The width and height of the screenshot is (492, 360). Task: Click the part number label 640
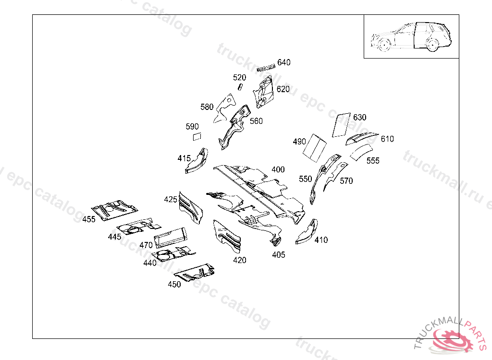pyautogui.click(x=284, y=62)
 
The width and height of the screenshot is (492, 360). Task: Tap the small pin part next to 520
pyautogui.click(x=241, y=86)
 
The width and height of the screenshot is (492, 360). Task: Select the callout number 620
pyautogui.click(x=283, y=89)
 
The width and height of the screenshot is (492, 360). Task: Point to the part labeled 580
pyautogui.click(x=225, y=107)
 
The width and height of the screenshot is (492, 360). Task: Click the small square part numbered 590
pyautogui.click(x=196, y=137)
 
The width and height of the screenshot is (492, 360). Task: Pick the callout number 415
pyautogui.click(x=184, y=158)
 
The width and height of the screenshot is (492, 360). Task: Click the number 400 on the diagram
pyautogui.click(x=278, y=169)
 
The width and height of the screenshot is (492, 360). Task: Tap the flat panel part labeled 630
pyautogui.click(x=342, y=124)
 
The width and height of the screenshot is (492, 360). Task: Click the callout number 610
pyautogui.click(x=387, y=139)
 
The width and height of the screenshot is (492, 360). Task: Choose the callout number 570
pyautogui.click(x=346, y=180)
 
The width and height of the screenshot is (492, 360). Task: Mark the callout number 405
pyautogui.click(x=278, y=254)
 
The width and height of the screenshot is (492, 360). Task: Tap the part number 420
pyautogui.click(x=240, y=260)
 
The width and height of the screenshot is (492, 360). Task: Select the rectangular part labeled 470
pyautogui.click(x=171, y=236)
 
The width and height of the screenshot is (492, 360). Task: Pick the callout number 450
pyautogui.click(x=174, y=284)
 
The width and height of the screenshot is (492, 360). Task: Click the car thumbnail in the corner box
pyautogui.click(x=411, y=36)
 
